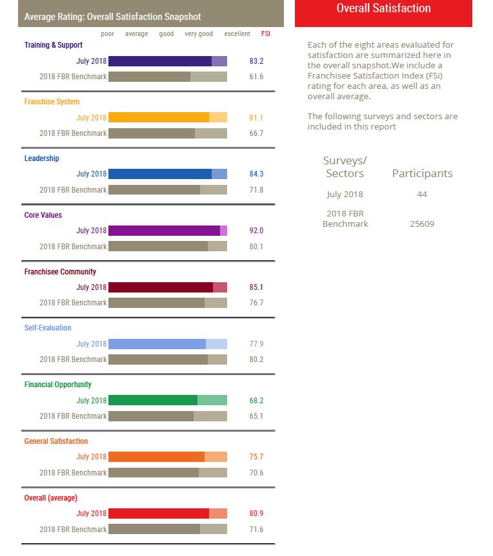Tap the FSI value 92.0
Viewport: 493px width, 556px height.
(x=256, y=231)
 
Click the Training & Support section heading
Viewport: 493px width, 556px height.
(x=54, y=45)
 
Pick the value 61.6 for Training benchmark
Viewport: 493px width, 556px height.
(x=256, y=77)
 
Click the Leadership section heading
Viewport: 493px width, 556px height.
(x=41, y=158)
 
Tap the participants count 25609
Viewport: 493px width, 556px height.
(x=422, y=224)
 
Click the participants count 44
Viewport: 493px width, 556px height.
(x=422, y=194)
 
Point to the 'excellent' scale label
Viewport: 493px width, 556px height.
(x=237, y=34)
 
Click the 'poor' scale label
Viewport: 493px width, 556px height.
(x=107, y=34)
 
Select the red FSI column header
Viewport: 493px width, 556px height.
(x=266, y=34)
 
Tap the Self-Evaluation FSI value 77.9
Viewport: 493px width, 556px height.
(x=256, y=343)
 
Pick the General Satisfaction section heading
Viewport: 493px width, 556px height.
(x=56, y=441)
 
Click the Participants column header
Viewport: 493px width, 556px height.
(x=422, y=173)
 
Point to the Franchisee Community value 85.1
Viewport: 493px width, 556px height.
(x=256, y=287)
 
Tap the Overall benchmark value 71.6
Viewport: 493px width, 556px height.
(x=256, y=529)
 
